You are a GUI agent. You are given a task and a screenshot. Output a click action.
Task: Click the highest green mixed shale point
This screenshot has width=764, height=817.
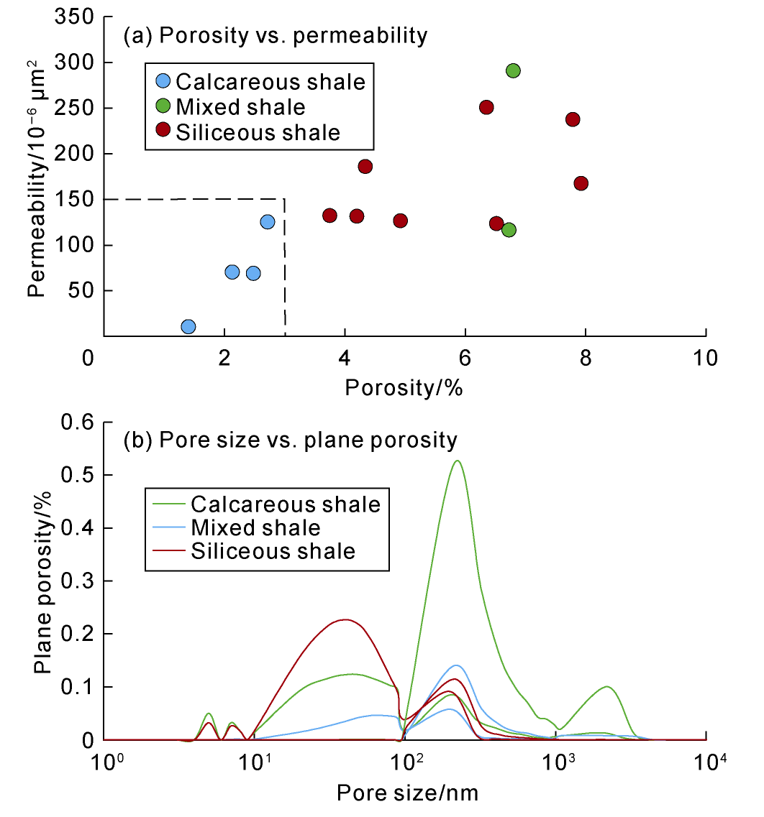tap(513, 70)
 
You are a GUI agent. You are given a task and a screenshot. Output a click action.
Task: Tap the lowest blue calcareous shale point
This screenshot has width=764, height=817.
tap(188, 327)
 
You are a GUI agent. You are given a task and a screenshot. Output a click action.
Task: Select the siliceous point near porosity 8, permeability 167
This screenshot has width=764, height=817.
tap(581, 183)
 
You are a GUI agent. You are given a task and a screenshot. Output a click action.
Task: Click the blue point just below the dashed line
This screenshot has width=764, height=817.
tap(267, 222)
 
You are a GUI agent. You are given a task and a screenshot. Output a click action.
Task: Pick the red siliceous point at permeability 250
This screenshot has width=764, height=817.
tap(486, 107)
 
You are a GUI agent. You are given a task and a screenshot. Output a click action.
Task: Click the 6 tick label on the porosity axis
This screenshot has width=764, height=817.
tap(465, 357)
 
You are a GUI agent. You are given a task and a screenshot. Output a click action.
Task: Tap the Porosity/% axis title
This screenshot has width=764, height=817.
tap(404, 388)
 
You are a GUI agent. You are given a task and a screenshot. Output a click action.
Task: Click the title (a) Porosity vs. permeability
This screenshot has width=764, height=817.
tap(276, 35)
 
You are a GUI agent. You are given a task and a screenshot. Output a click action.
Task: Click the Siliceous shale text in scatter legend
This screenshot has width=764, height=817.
tap(258, 132)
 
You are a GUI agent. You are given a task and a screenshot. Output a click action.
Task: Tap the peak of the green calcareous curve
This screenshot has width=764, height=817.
tap(457, 461)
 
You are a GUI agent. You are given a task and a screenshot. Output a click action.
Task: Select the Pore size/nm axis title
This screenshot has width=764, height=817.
tap(407, 793)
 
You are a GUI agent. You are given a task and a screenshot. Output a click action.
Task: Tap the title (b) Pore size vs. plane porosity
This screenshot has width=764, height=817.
tap(291, 439)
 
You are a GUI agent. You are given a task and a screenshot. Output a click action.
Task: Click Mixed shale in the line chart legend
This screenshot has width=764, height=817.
tap(255, 527)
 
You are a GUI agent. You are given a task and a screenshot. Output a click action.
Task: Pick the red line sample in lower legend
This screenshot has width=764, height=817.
tap(167, 551)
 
